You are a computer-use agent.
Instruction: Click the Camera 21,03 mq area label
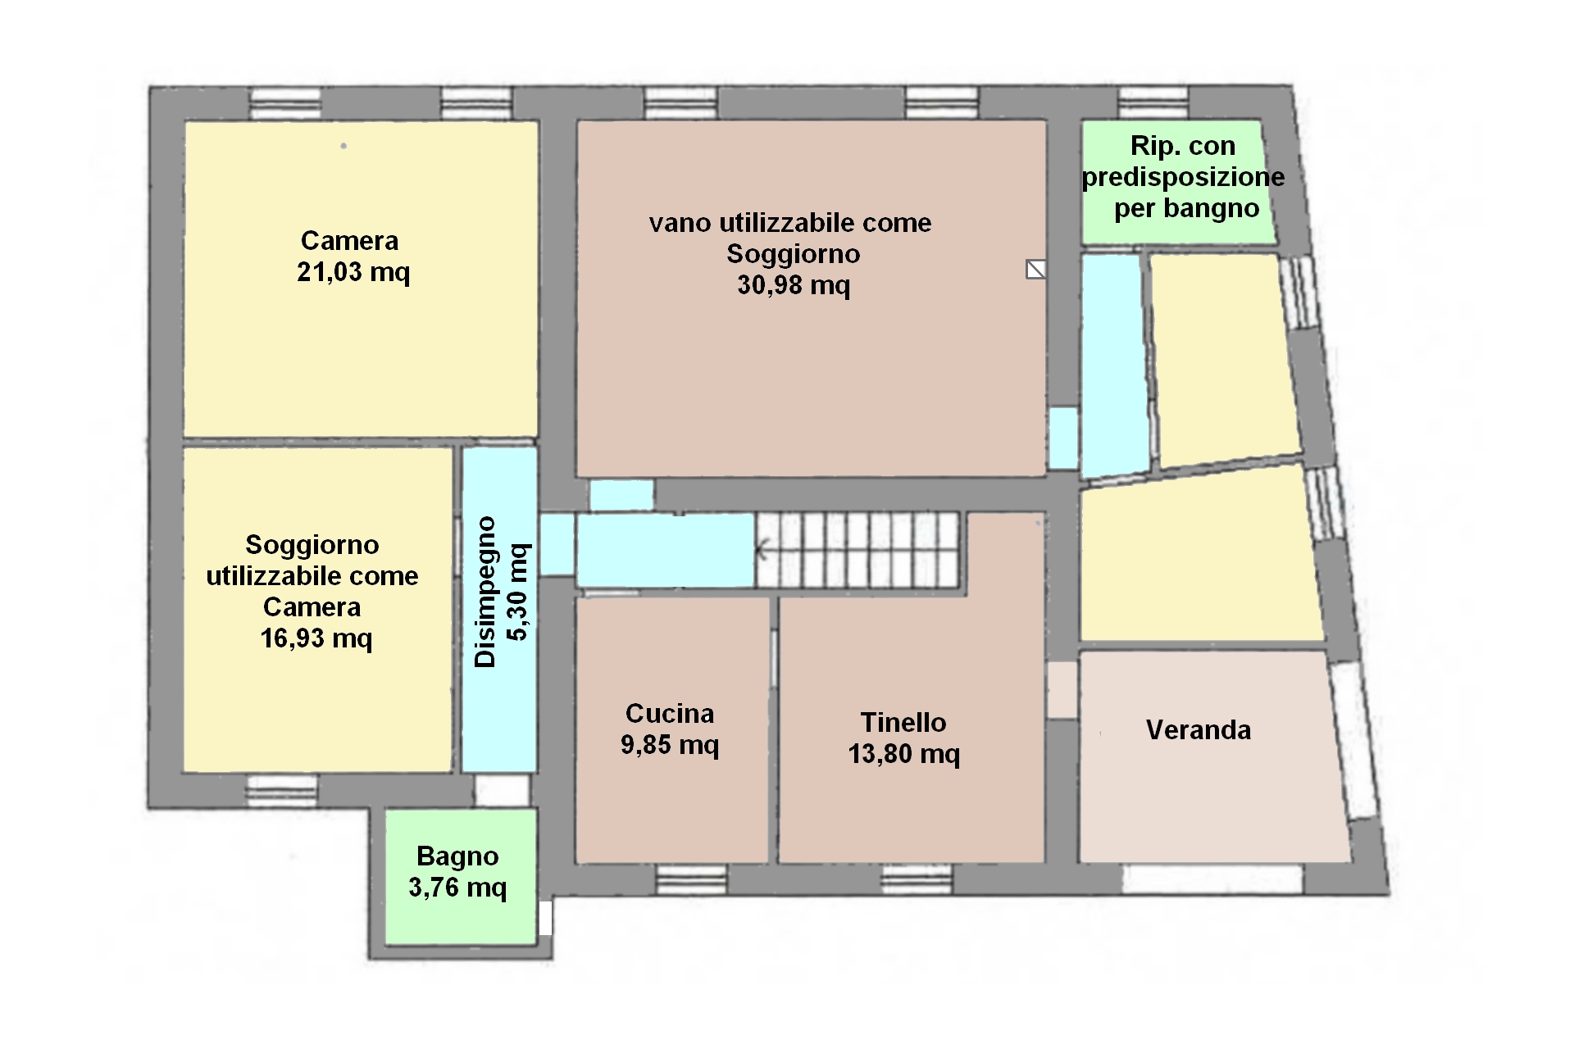pos(353,256)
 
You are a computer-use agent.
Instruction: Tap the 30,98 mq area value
pos(794,284)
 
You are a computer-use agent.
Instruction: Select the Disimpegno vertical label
pos(485,592)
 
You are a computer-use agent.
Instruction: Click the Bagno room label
pos(457,856)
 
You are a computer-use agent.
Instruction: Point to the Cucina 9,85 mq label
pos(670,729)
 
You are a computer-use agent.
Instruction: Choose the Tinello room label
pos(903,722)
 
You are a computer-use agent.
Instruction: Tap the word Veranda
pos(1199,729)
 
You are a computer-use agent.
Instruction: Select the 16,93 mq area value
pos(316,638)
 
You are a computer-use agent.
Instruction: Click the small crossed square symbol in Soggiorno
pos(1036,269)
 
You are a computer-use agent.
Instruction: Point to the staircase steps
pos(858,550)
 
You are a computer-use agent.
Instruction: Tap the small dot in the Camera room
pos(343,146)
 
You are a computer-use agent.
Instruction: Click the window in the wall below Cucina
pos(692,879)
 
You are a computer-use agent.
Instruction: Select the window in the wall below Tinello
pos(917,879)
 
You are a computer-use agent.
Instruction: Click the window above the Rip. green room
pos(1153,103)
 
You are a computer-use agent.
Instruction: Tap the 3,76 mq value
pos(457,888)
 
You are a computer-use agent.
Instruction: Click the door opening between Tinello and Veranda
pos(1062,690)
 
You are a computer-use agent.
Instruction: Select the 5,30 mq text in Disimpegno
pos(519,592)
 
